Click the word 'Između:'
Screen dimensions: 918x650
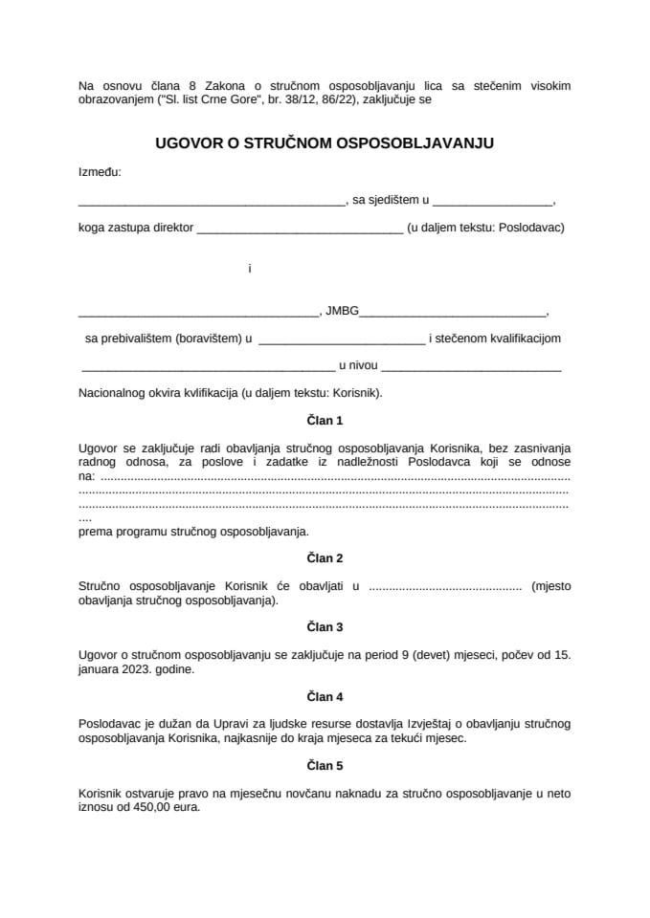coord(100,172)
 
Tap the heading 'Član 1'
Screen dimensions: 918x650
coord(325,420)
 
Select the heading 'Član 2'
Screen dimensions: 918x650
coord(325,557)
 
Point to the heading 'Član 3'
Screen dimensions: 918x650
coord(325,627)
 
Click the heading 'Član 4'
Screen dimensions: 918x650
coord(325,697)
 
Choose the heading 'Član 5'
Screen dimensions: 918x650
coord(325,766)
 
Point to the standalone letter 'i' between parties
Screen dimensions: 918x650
coord(249,269)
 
